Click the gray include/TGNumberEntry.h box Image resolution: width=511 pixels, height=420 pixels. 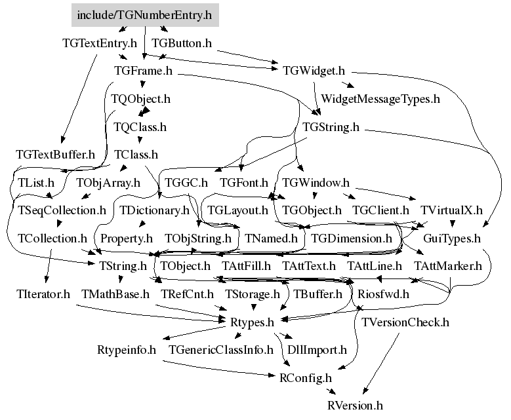tap(145, 15)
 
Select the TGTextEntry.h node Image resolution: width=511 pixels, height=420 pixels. tap(100, 43)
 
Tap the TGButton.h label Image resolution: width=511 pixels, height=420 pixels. tap(182, 43)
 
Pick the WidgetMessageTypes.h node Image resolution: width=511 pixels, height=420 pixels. tap(380, 99)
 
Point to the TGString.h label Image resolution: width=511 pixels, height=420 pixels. tap(331, 126)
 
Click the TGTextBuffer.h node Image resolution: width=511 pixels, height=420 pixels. tap(55, 155)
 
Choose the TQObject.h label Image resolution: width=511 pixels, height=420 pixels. tap(141, 99)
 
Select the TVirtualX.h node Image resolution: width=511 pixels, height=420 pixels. tap(451, 210)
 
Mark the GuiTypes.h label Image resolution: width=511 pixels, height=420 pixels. tap(452, 239)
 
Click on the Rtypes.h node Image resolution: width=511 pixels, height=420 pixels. tap(252, 322)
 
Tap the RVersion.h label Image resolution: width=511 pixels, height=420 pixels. tap(355, 406)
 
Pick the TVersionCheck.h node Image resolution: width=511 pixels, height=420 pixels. tap(405, 322)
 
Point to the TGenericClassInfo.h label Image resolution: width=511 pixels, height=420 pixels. tap(221, 350)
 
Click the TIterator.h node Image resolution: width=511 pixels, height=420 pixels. tap(43, 294)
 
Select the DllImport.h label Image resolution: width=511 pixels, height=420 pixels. tap(317, 350)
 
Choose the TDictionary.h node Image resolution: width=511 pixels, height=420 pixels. tap(154, 210)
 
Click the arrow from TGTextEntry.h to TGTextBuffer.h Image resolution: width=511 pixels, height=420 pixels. tap(79, 99)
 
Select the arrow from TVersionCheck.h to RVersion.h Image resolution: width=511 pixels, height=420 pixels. tap(381, 363)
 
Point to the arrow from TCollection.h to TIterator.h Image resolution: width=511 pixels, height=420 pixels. tap(49, 266)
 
